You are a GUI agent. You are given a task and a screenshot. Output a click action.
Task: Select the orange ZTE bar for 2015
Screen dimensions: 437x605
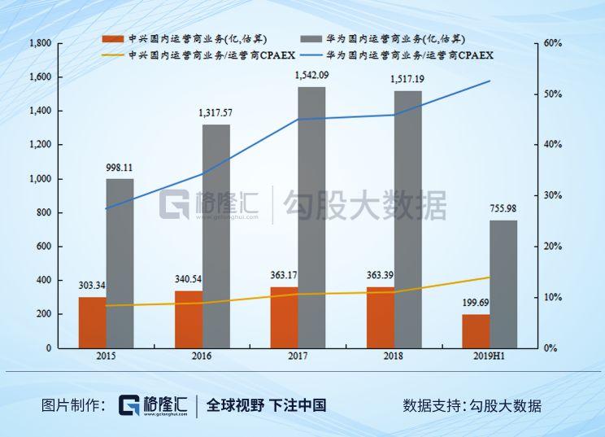(92, 322)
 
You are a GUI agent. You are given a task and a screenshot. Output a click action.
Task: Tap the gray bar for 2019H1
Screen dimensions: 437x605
(503, 284)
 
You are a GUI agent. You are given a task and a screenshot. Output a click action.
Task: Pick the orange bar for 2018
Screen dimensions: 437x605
(381, 317)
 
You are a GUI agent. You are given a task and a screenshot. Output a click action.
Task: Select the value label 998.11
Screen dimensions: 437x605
(120, 168)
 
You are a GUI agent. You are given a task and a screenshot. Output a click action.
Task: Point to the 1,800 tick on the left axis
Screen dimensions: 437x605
(40, 43)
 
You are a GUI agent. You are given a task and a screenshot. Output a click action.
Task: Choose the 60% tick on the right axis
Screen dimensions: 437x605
(552, 43)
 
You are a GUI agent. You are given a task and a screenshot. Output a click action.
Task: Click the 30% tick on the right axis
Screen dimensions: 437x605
(552, 195)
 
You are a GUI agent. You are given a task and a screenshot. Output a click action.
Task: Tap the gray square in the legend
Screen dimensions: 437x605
(310, 39)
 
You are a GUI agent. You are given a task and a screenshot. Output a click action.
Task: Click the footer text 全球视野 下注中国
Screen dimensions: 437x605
(266, 405)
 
